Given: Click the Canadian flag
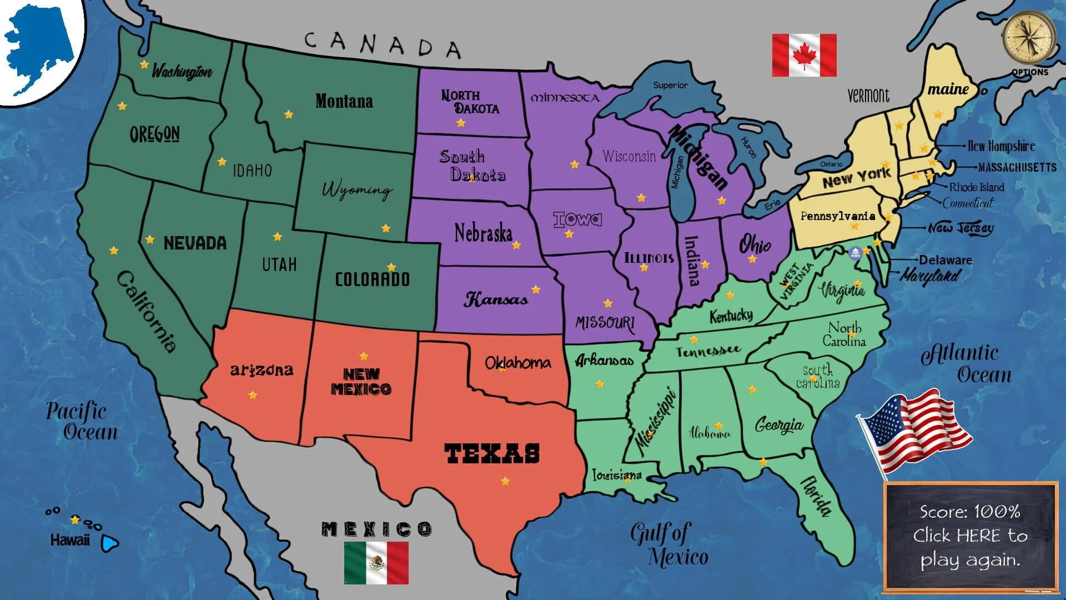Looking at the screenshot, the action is point(804,55).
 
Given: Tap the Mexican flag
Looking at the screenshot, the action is point(376,563).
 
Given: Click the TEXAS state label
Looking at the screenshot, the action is point(492,453).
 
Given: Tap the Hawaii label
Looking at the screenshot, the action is point(69,540).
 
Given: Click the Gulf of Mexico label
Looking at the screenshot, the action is point(669,544).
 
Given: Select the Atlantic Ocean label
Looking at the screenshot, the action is point(966,363).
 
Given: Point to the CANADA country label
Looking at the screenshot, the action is point(383,44).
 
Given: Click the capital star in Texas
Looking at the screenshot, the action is point(505,481).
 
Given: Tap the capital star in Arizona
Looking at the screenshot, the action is point(253,395).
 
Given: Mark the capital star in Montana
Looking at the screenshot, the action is point(289,114).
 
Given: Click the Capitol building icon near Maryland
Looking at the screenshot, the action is point(855,253).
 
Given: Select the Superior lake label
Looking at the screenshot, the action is point(670,85).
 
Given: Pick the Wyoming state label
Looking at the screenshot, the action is point(357,189).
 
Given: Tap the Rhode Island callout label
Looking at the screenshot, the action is point(977,187).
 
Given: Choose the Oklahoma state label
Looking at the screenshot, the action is point(517,363).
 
